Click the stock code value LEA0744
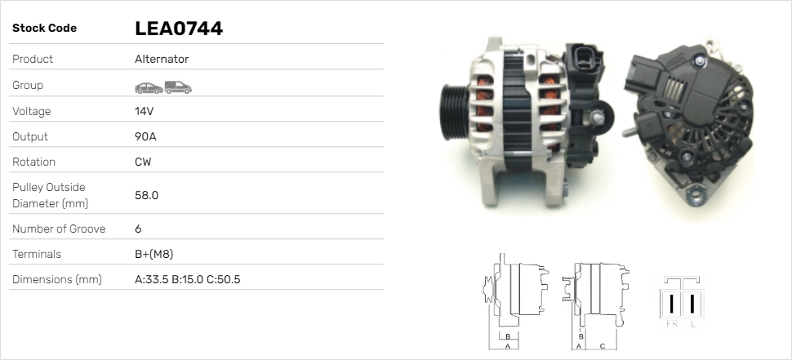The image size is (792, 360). (x=179, y=29)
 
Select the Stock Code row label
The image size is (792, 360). (x=44, y=29)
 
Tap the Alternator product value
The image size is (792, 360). (x=162, y=59)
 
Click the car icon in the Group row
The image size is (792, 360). (x=149, y=88)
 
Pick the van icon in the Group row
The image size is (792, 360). (x=178, y=87)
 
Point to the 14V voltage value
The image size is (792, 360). (x=144, y=111)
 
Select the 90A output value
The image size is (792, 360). (x=145, y=136)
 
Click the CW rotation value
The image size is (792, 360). (x=143, y=162)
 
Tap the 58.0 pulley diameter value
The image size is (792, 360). (x=146, y=195)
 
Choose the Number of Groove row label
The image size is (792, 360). (x=59, y=229)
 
